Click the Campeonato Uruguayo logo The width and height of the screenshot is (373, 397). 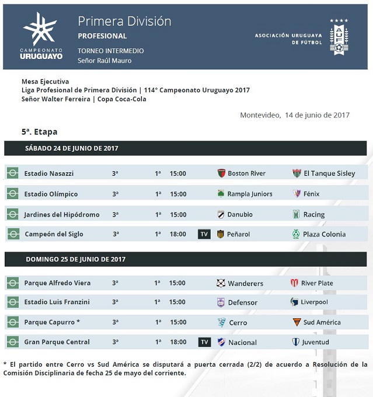40,36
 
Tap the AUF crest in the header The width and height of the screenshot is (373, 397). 339,37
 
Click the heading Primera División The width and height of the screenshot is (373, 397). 124,22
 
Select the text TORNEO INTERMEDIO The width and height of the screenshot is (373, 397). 110,51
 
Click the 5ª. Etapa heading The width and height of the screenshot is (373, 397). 40,132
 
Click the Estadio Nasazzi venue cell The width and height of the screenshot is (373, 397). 49,173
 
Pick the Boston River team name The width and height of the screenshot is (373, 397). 246,173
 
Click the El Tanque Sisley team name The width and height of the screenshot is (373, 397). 329,173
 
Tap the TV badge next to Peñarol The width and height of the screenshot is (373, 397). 204,234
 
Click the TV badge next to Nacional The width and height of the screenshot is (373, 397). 204,342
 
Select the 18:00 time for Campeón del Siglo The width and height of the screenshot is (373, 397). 178,234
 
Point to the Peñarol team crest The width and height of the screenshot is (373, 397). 221,234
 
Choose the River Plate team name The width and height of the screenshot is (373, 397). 317,283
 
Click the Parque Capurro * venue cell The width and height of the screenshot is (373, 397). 52,322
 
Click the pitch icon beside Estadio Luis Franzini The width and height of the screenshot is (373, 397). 12,302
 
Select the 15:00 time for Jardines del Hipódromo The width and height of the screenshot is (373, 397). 178,214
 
